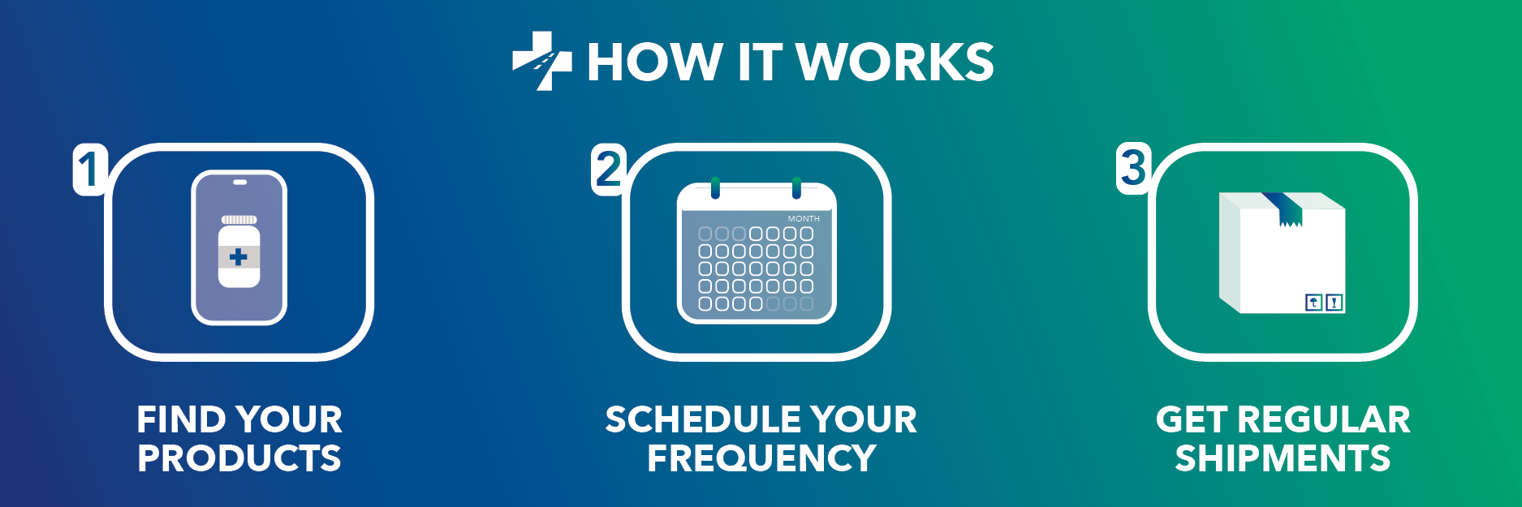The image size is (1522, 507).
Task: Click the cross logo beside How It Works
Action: click(x=541, y=61)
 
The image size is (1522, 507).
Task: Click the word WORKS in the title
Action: click(x=895, y=62)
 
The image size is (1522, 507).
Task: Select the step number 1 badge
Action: click(x=90, y=169)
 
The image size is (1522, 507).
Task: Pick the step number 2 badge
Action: click(x=608, y=169)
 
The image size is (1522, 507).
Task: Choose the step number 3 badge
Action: click(x=1133, y=168)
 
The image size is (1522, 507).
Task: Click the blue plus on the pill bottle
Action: click(x=239, y=257)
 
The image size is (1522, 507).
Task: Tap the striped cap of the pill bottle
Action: click(x=239, y=220)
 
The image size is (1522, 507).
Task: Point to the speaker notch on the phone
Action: click(x=239, y=182)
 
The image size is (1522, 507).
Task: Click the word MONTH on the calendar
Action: click(x=804, y=219)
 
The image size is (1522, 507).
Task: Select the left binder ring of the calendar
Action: click(x=715, y=187)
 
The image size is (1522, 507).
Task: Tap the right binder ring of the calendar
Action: click(x=796, y=187)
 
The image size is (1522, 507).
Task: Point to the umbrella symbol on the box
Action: click(x=1313, y=303)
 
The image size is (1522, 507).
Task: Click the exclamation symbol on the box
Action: click(x=1334, y=303)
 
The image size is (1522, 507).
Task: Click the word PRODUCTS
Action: click(x=239, y=458)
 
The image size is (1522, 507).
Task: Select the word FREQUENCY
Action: click(x=761, y=458)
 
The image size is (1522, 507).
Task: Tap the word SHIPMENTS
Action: click(x=1283, y=458)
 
